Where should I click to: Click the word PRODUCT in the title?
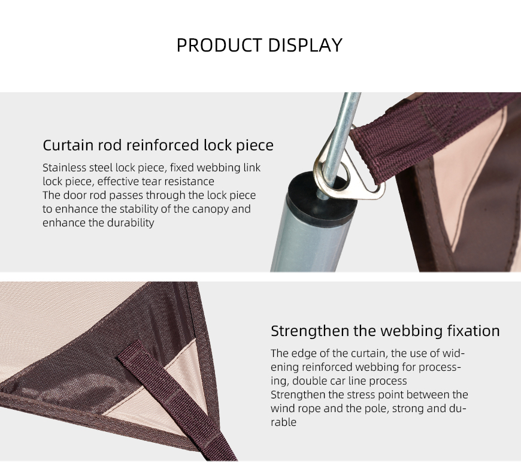219,45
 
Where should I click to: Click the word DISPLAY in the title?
305,45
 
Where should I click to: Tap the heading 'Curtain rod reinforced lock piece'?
158,146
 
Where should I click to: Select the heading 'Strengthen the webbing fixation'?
385,331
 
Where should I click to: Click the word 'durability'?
131,223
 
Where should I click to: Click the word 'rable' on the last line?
283,422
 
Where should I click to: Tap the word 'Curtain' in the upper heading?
68,146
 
